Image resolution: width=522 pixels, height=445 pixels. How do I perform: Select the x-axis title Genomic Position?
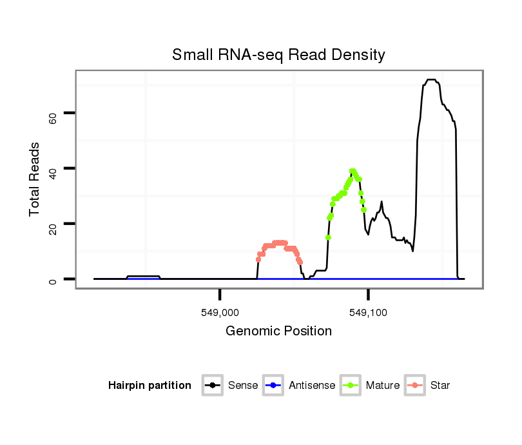tap(278, 331)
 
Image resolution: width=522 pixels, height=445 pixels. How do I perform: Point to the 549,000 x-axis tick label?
tap(220, 312)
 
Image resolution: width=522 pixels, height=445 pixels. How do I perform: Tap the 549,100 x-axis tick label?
tap(368, 312)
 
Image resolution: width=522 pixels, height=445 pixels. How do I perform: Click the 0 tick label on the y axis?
tap(53, 280)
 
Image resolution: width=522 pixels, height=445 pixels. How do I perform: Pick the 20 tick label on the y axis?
tap(53, 224)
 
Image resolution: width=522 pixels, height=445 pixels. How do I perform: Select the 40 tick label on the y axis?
tap(53, 169)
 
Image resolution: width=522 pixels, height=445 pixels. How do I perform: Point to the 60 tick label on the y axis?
tap(53, 114)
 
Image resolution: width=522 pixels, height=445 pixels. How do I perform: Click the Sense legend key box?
tap(213, 386)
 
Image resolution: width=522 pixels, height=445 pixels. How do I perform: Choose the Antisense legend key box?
tap(273, 386)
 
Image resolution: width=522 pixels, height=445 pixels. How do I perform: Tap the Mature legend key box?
tap(351, 386)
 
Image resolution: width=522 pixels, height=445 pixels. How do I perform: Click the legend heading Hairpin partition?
tap(150, 386)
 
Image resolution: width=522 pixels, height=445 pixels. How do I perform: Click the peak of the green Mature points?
tap(353, 171)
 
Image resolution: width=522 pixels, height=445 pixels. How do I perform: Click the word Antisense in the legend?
tap(312, 386)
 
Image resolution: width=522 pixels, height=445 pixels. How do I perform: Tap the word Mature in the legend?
tap(383, 386)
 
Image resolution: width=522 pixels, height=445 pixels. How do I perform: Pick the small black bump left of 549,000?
tap(143, 276)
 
